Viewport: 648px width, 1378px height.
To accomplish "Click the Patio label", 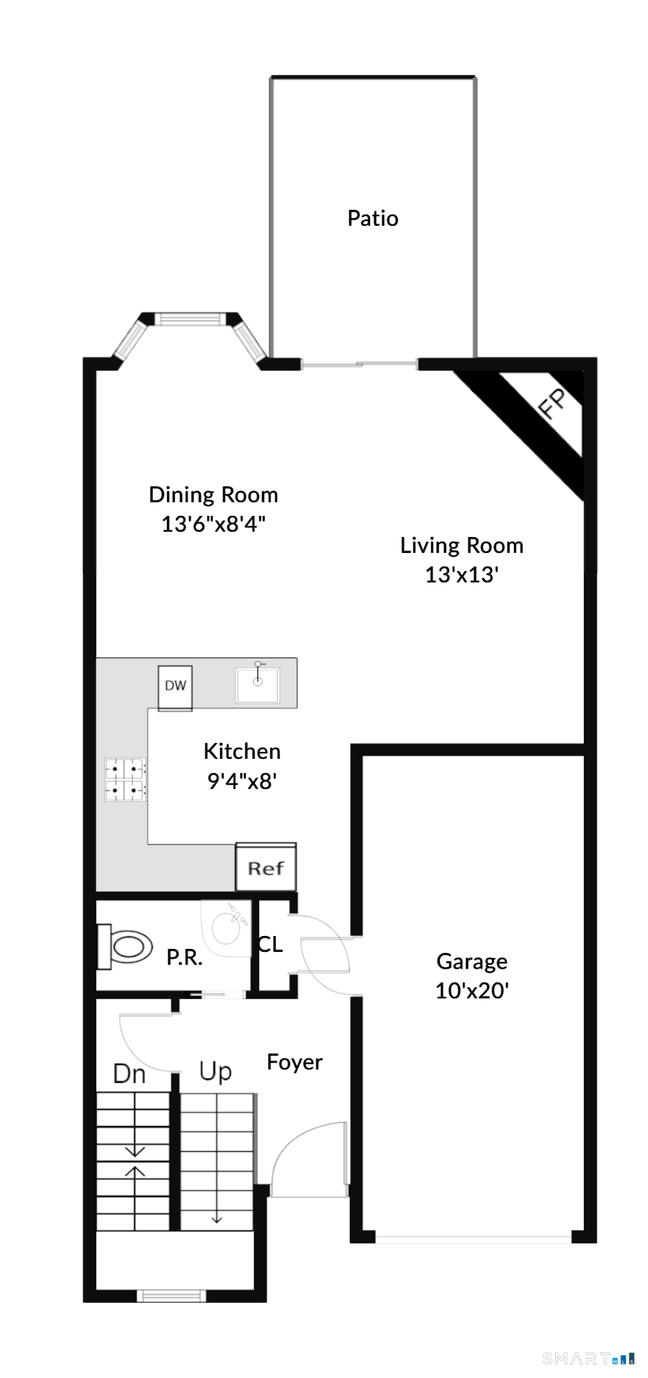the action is (x=373, y=219).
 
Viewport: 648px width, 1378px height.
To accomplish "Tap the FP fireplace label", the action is (x=552, y=403).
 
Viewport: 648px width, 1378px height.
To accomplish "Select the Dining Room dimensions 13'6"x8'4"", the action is (x=213, y=524).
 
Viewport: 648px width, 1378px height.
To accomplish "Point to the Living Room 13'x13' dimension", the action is (x=462, y=574).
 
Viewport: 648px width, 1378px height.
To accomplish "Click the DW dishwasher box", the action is (x=175, y=688).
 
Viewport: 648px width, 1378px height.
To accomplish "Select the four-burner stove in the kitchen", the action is (x=125, y=779).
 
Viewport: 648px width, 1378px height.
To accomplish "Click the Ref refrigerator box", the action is (x=266, y=867).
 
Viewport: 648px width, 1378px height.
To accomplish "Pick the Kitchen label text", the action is (x=242, y=751).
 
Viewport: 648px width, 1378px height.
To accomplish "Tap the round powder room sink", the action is (x=226, y=928).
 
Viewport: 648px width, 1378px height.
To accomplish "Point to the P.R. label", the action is (x=184, y=958).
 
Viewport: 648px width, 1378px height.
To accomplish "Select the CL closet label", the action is (x=270, y=944).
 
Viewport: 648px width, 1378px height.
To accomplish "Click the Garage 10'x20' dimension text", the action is (x=472, y=991).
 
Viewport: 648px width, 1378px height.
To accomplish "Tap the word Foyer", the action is (x=294, y=1062).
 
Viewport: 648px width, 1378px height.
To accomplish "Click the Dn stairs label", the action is (x=129, y=1074).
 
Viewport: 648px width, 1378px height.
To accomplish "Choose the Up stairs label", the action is (x=215, y=1071).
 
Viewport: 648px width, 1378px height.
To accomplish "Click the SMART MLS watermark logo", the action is (x=589, y=1358).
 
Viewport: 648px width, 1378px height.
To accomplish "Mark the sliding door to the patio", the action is (x=359, y=364).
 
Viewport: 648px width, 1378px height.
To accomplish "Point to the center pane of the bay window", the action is (x=189, y=318).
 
